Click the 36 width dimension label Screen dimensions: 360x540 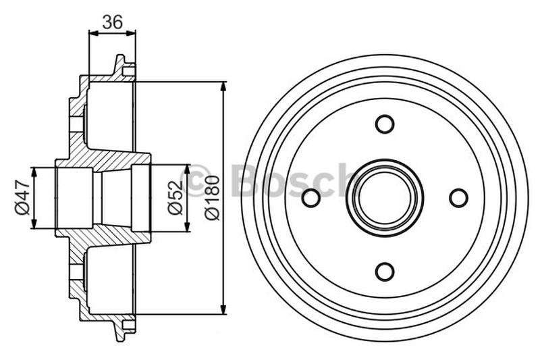pyautogui.click(x=112, y=22)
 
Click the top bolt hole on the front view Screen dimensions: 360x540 pyautogui.click(x=385, y=124)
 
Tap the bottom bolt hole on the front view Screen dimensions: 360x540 pyautogui.click(x=385, y=272)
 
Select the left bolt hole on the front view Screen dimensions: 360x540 pyautogui.click(x=311, y=198)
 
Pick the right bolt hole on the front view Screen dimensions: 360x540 pyautogui.click(x=458, y=198)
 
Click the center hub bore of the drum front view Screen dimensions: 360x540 pyautogui.click(x=385, y=198)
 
